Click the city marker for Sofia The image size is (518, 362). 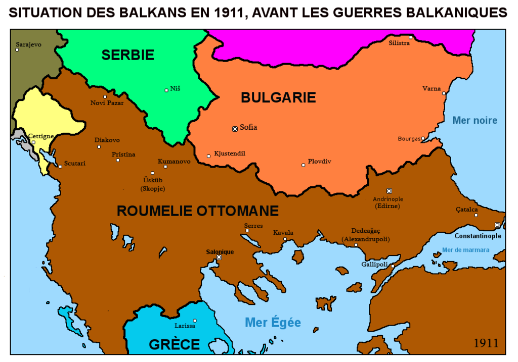(x=235, y=129)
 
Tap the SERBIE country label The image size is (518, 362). (x=127, y=55)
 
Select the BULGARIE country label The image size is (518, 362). (x=278, y=97)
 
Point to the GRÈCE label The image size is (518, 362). (x=174, y=344)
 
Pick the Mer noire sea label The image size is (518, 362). (x=474, y=120)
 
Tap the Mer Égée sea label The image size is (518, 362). (x=273, y=322)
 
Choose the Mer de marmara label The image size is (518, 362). (x=465, y=250)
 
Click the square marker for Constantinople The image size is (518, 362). (x=497, y=225)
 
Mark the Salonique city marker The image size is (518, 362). (x=219, y=257)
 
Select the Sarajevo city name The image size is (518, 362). (x=28, y=44)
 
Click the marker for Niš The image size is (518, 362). (x=166, y=90)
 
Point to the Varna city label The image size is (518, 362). (x=431, y=88)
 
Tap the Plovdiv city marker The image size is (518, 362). (x=303, y=165)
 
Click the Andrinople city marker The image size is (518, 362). (x=388, y=191)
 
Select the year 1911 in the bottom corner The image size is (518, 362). (x=486, y=343)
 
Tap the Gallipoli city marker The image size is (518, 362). (x=393, y=266)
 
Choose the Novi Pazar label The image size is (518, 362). (x=107, y=103)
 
